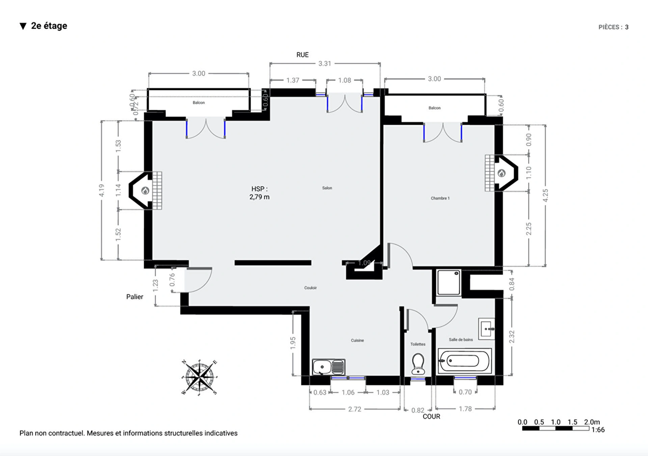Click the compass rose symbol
click(199, 377)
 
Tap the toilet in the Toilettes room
click(418, 364)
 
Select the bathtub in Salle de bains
click(464, 361)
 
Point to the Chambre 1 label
click(440, 198)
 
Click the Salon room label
click(327, 188)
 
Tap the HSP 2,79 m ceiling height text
click(259, 193)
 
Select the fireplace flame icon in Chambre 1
click(502, 173)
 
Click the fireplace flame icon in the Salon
click(145, 191)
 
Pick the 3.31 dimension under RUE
click(325, 63)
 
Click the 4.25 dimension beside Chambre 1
click(545, 195)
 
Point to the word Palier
click(135, 297)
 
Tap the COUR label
click(431, 417)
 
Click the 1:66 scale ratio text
click(598, 430)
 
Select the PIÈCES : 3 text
click(613, 27)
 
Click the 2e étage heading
click(49, 26)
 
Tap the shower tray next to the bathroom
click(449, 283)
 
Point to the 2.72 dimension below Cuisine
click(354, 409)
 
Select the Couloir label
click(310, 288)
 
